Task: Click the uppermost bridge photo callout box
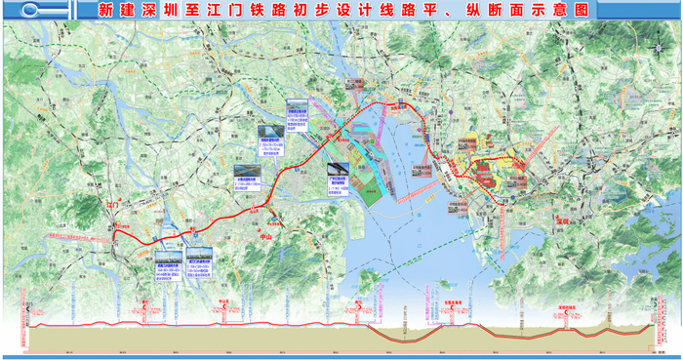click(298, 111)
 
